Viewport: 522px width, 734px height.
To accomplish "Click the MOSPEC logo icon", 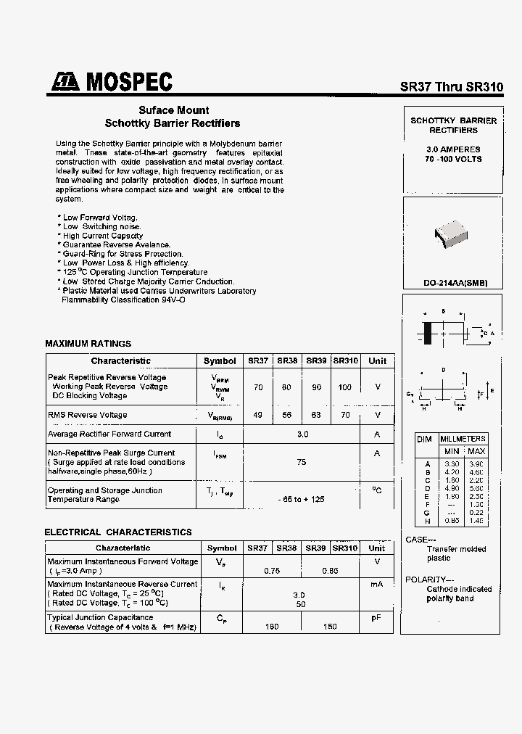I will click(x=65, y=83).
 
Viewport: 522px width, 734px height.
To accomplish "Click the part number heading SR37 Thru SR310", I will click(x=451, y=86).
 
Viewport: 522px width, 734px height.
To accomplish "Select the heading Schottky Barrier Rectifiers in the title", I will click(x=173, y=123).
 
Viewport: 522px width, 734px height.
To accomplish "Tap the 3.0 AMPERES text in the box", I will click(x=453, y=149).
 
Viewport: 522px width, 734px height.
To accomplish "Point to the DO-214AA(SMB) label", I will click(x=455, y=283).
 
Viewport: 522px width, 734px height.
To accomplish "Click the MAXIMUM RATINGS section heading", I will click(x=88, y=344).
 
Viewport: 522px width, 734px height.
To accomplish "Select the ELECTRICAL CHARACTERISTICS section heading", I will click(x=118, y=532).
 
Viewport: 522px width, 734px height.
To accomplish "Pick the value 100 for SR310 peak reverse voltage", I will click(x=344, y=387).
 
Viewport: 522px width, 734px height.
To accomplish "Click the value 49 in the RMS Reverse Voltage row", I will click(x=258, y=415).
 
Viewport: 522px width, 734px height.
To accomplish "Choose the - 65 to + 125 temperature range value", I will click(x=301, y=500).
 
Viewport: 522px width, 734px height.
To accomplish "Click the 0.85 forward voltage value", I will click(x=330, y=571).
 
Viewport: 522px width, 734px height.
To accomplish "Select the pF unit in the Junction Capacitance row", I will click(x=376, y=618).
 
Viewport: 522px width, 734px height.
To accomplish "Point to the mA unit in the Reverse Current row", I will click(x=376, y=584).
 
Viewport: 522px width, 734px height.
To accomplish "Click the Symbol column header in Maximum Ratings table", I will click(x=220, y=361).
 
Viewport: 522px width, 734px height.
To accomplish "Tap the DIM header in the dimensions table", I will click(x=425, y=440).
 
